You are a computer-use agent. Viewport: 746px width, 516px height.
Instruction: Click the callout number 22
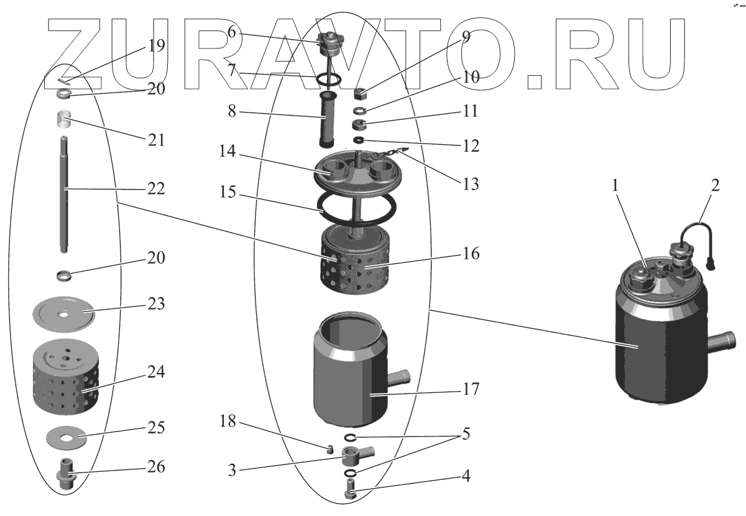pyautogui.click(x=156, y=189)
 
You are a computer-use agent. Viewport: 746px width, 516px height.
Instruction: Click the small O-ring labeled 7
pyautogui.click(x=328, y=80)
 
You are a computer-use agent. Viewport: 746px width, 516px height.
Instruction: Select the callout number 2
pyautogui.click(x=715, y=185)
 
